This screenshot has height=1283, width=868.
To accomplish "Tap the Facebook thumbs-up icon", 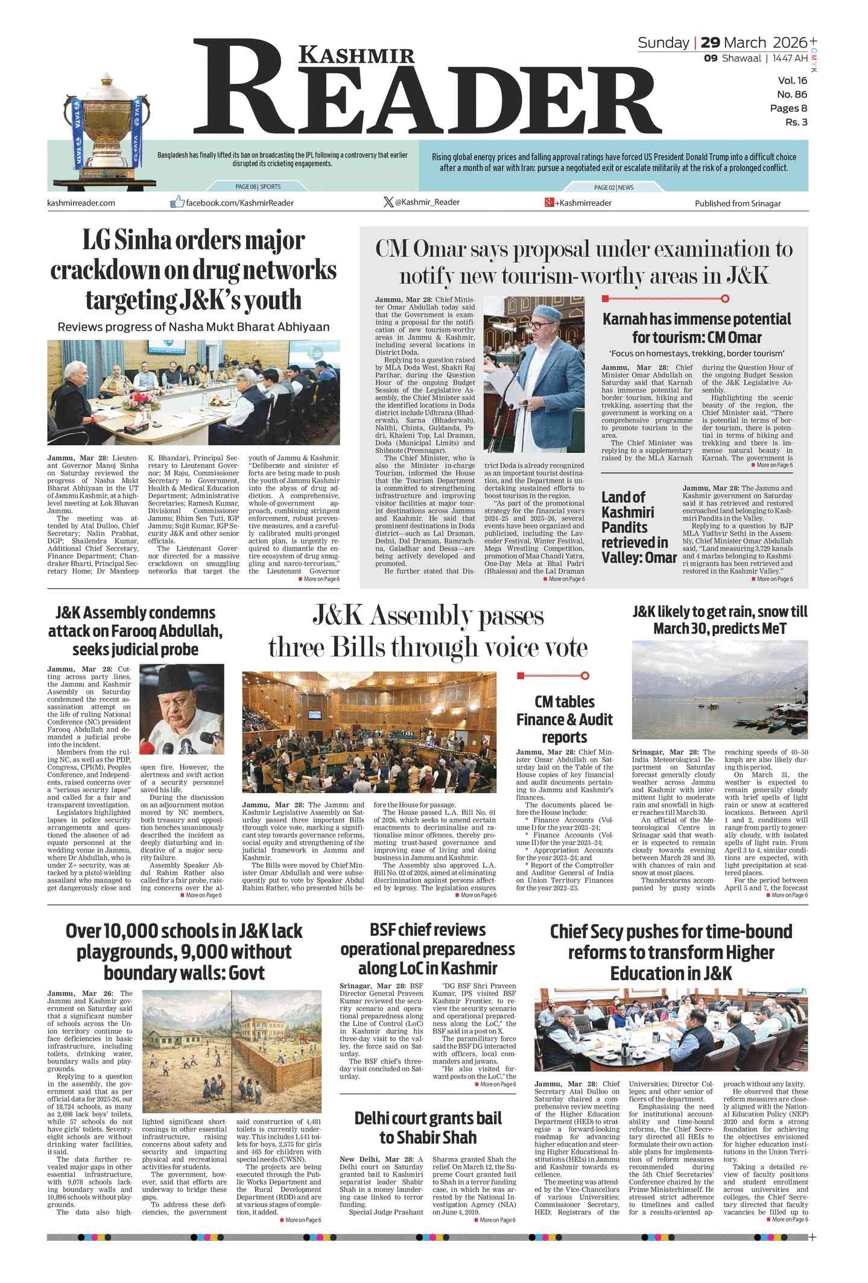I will coord(177,202).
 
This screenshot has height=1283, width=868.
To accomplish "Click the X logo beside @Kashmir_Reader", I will coord(388,202).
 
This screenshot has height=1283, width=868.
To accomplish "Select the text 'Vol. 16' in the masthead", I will coord(792,80).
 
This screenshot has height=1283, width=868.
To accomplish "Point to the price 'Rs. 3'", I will coord(796,122).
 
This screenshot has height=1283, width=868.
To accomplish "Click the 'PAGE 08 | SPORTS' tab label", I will coord(258,186).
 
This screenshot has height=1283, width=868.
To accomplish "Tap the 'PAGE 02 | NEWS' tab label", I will coord(613,188).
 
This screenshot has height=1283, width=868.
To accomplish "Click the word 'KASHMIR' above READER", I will coord(357,55).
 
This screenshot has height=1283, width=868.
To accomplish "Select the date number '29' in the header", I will coord(710,42).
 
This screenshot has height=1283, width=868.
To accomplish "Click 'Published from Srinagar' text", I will coord(737,203).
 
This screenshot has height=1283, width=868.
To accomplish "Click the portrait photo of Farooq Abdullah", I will coord(182,709).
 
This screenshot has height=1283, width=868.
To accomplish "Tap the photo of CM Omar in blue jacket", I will coord(534,374).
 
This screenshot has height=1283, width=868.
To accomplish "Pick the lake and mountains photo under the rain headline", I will coord(719,689).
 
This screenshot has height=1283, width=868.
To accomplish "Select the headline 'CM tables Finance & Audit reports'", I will coord(564,719).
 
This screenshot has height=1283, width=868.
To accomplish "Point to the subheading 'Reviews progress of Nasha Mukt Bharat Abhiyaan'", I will coord(193,327).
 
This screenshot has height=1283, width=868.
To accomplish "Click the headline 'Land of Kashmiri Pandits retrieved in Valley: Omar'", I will coord(638,527).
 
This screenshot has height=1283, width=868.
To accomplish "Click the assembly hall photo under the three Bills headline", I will coord(369,732).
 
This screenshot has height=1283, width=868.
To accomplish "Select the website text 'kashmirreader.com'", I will coord(81,203).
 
